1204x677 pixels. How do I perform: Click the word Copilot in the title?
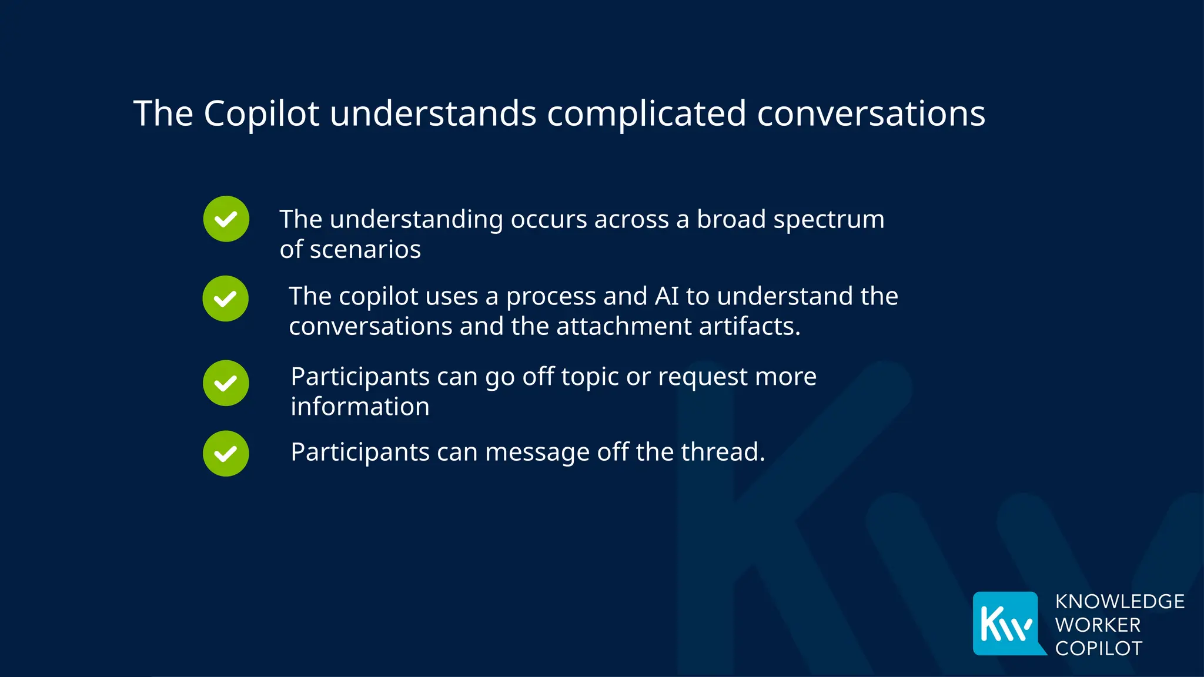pyautogui.click(x=261, y=113)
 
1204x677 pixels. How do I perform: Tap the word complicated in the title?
pyautogui.click(x=646, y=113)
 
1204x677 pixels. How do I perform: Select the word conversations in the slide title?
pyautogui.click(x=871, y=113)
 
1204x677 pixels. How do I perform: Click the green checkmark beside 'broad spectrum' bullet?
pyautogui.click(x=226, y=219)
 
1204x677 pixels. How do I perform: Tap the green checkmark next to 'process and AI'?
pyautogui.click(x=226, y=299)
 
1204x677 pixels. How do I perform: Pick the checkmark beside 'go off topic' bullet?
pyautogui.click(x=226, y=383)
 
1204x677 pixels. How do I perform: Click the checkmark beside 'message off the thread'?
pyautogui.click(x=226, y=454)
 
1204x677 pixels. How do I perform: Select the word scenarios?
pyautogui.click(x=365, y=250)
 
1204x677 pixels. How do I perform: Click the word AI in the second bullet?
pyautogui.click(x=667, y=296)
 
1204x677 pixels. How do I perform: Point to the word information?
pyautogui.click(x=360, y=407)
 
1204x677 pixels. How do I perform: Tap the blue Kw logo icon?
pyautogui.click(x=1006, y=623)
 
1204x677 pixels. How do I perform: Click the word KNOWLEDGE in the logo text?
pyautogui.click(x=1119, y=602)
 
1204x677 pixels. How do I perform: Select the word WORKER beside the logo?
pyautogui.click(x=1098, y=625)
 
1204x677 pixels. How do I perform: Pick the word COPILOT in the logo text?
pyautogui.click(x=1098, y=648)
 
